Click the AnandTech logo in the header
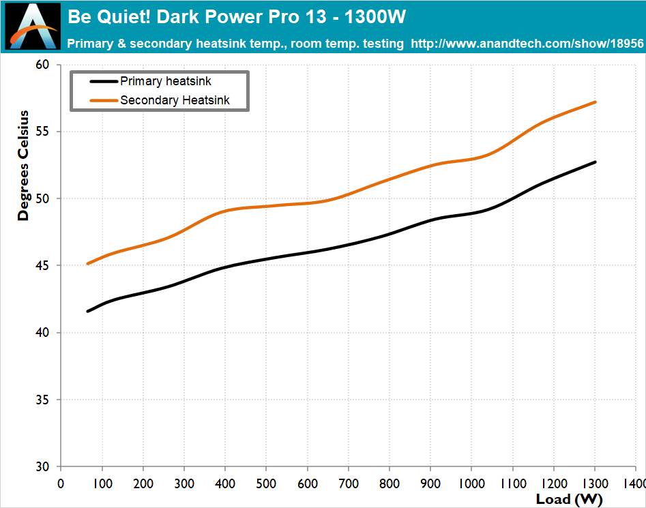click(33, 27)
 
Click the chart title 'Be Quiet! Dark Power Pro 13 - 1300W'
click(237, 17)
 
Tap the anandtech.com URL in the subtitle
click(527, 43)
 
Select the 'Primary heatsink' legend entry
click(150, 81)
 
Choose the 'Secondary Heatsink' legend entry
click(160, 100)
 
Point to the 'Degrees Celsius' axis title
click(23, 166)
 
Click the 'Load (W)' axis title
click(569, 499)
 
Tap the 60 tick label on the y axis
click(42, 65)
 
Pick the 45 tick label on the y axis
click(42, 265)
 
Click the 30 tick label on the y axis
click(42, 467)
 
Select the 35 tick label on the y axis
click(42, 400)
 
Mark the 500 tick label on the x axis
click(266, 483)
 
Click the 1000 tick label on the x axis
click(472, 483)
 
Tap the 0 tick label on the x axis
click(61, 483)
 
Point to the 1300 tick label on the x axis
click(596, 483)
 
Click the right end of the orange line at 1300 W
click(595, 102)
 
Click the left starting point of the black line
click(88, 311)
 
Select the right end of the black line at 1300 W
click(595, 162)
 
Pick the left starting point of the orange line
click(88, 263)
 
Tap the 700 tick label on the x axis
click(349, 483)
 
